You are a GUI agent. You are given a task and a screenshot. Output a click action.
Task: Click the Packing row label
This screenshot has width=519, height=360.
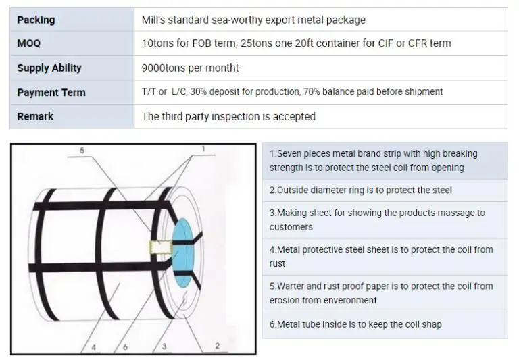36,20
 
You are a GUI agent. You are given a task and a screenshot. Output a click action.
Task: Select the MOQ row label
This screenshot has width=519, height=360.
28,43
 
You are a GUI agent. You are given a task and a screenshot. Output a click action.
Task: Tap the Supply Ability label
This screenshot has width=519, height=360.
49,68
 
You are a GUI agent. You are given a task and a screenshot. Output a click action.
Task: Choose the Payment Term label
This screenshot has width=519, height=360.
51,92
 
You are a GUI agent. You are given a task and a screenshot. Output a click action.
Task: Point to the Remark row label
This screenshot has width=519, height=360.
35,116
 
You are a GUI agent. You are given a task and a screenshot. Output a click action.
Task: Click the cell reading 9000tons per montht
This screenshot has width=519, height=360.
190,68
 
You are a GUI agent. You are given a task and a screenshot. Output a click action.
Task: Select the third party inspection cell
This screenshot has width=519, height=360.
228,116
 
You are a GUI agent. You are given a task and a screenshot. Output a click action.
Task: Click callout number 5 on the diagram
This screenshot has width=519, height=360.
82,151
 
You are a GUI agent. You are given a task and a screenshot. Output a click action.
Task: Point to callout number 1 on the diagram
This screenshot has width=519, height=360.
203,149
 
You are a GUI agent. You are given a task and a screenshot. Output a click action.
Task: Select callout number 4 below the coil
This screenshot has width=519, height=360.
93,348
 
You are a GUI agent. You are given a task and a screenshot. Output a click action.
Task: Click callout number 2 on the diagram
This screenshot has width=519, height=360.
217,346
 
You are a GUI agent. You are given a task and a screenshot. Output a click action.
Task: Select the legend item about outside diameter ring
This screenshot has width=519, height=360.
360,190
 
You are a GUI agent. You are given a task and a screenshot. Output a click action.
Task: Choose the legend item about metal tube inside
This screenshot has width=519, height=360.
355,324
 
